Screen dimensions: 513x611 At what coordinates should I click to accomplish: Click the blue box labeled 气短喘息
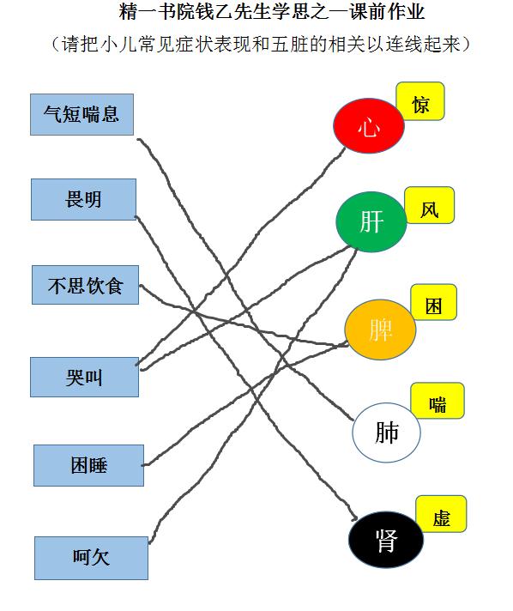point(81,115)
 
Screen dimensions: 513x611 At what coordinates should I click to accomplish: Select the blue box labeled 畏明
point(83,199)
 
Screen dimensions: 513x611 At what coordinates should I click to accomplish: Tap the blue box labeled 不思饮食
point(85,285)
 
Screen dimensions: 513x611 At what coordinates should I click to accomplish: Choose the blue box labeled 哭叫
point(85,378)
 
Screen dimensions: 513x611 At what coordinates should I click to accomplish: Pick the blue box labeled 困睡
point(89,465)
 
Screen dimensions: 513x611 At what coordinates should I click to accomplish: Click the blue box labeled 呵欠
point(91,558)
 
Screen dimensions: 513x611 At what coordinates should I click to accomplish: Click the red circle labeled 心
point(369,125)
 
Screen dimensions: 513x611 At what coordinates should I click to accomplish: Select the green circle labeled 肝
point(371,221)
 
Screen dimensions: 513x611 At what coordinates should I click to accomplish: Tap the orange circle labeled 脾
point(380,330)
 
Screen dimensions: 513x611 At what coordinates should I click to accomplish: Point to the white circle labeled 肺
point(386,433)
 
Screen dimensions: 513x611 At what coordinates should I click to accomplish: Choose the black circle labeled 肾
point(386,540)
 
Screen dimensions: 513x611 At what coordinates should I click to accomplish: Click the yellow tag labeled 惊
point(420,101)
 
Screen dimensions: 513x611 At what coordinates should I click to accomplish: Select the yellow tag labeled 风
point(429,205)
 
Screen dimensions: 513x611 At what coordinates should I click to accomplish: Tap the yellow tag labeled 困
point(433,302)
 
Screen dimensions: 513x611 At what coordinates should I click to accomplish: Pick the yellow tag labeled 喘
point(438,401)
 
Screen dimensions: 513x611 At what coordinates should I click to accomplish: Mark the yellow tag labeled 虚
point(441,514)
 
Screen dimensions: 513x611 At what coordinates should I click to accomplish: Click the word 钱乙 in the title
point(214,11)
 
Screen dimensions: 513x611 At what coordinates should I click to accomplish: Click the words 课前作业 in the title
point(387,11)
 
